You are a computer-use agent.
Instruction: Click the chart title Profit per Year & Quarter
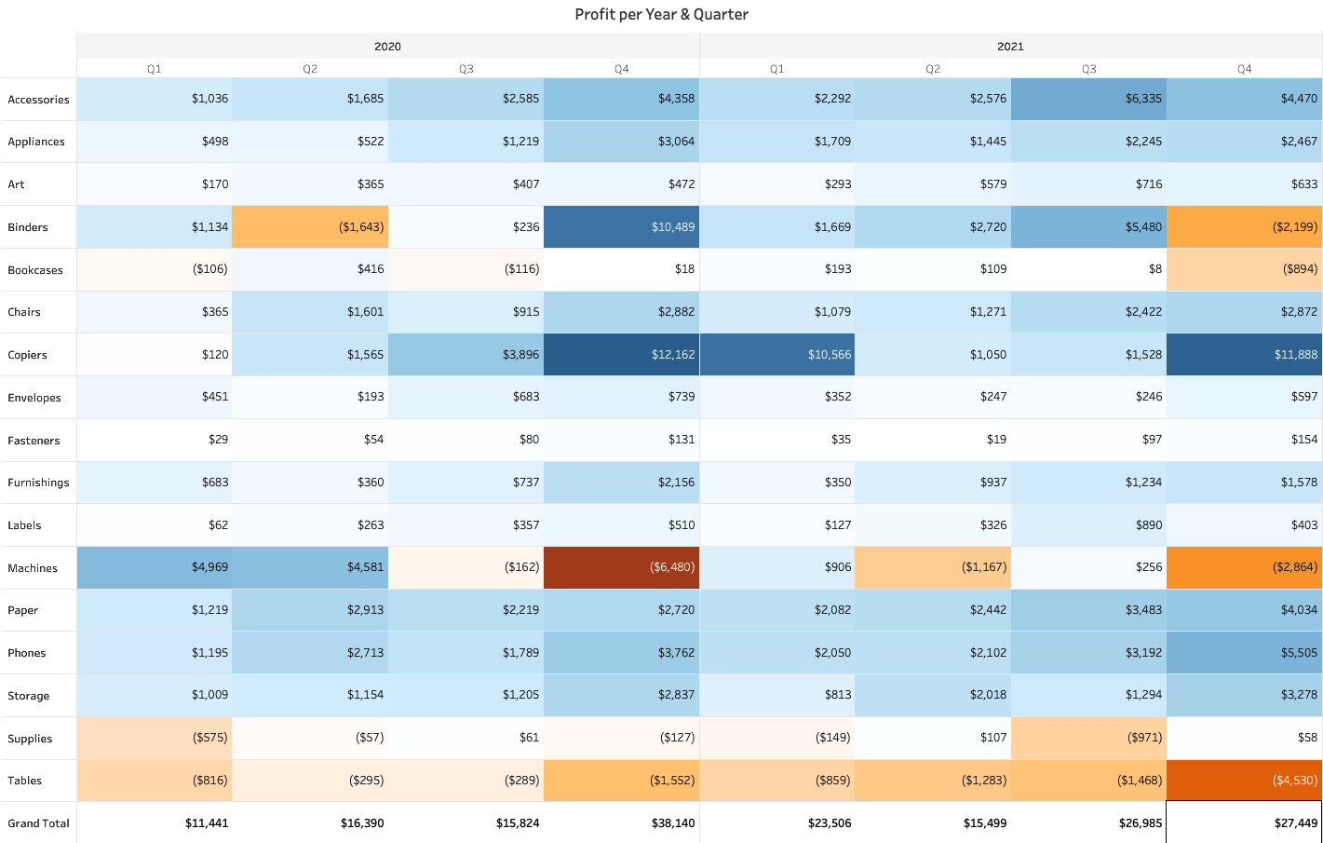pyautogui.click(x=661, y=14)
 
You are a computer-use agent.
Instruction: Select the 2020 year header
pyautogui.click(x=387, y=47)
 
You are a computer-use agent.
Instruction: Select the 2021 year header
pyautogui.click(x=1010, y=47)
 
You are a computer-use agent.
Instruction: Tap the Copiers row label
pyautogui.click(x=27, y=355)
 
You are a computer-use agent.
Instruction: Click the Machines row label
pyautogui.click(x=33, y=568)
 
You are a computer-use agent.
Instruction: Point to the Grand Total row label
pyautogui.click(x=38, y=823)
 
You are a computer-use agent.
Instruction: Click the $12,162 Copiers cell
pyautogui.click(x=622, y=355)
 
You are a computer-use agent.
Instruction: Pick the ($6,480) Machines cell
pyautogui.click(x=622, y=567)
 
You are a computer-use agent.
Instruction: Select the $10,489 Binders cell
pyautogui.click(x=622, y=227)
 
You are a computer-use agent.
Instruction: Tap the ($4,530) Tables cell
pyautogui.click(x=1244, y=781)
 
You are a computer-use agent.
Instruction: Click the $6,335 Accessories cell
pyautogui.click(x=1088, y=99)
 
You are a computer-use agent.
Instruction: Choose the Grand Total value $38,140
pyautogui.click(x=622, y=823)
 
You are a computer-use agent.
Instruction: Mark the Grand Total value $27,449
pyautogui.click(x=1244, y=823)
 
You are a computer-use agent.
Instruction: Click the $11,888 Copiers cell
pyautogui.click(x=1244, y=355)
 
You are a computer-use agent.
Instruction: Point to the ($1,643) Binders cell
pyautogui.click(x=310, y=227)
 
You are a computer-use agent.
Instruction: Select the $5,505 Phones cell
pyautogui.click(x=1244, y=653)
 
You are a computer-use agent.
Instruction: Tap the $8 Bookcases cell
pyautogui.click(x=1088, y=269)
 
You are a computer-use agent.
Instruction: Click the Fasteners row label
pyautogui.click(x=34, y=441)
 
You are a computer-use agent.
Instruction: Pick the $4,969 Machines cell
pyautogui.click(x=155, y=567)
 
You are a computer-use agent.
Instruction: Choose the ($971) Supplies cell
pyautogui.click(x=1088, y=738)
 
